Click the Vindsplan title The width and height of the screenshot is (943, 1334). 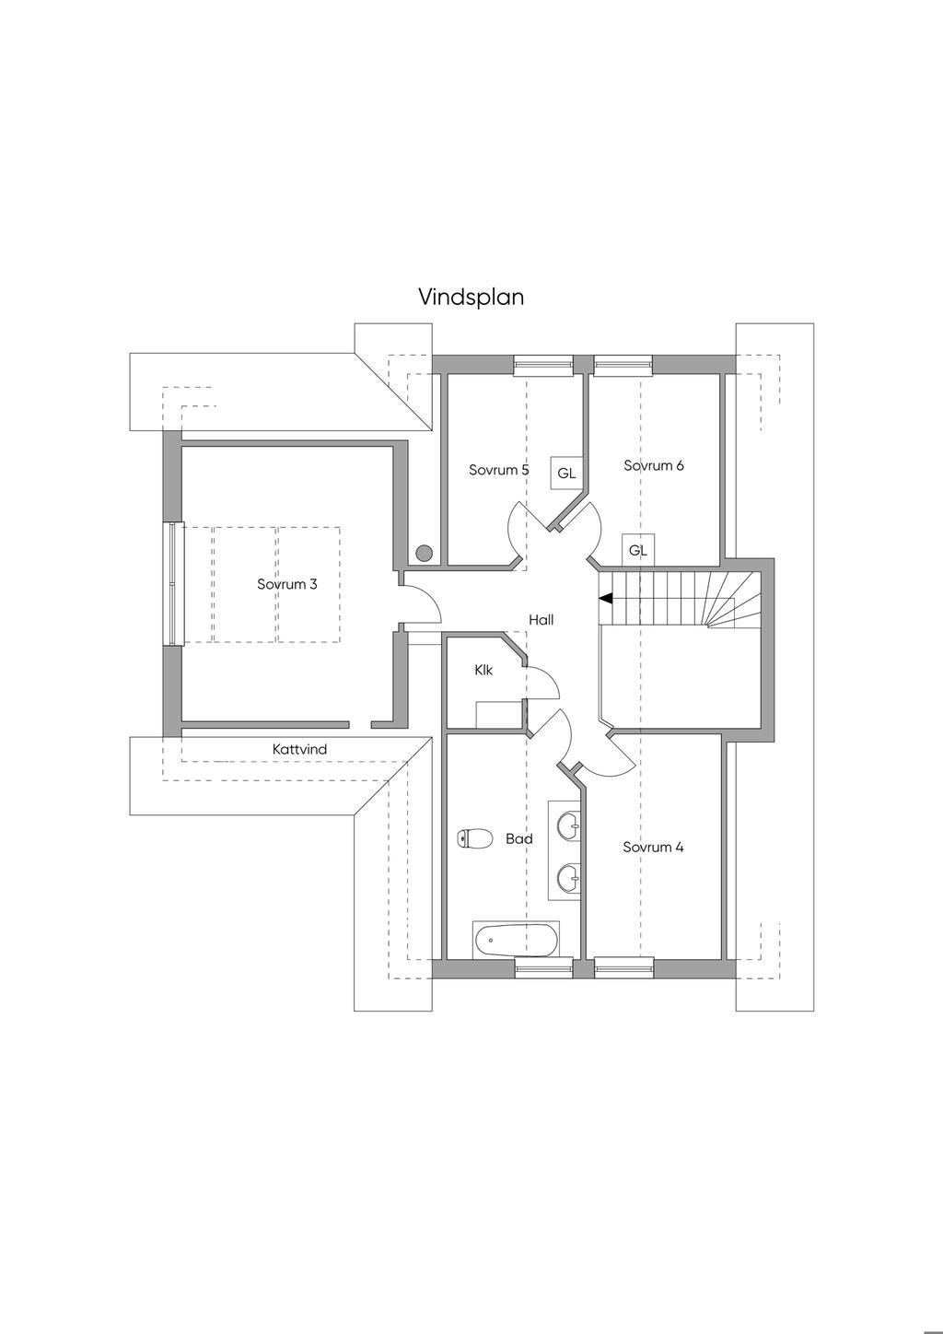click(x=471, y=298)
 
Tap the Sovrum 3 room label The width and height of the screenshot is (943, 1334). click(x=287, y=584)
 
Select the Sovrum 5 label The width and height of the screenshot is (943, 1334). click(x=498, y=470)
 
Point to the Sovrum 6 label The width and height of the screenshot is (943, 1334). click(x=654, y=466)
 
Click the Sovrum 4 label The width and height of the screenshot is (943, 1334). click(x=653, y=847)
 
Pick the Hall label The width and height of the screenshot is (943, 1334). click(x=541, y=620)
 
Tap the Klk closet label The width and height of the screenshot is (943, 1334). click(x=483, y=670)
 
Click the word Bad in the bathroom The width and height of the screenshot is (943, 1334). click(x=519, y=838)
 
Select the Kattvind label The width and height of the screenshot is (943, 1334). click(x=299, y=749)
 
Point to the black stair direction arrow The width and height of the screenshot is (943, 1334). click(x=605, y=598)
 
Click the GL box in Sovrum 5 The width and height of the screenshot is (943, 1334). click(x=566, y=474)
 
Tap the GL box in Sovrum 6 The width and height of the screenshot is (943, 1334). click(x=638, y=550)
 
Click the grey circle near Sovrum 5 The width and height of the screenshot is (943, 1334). click(x=424, y=553)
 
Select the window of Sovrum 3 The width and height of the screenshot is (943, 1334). click(x=175, y=584)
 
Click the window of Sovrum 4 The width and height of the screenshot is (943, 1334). click(x=623, y=970)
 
